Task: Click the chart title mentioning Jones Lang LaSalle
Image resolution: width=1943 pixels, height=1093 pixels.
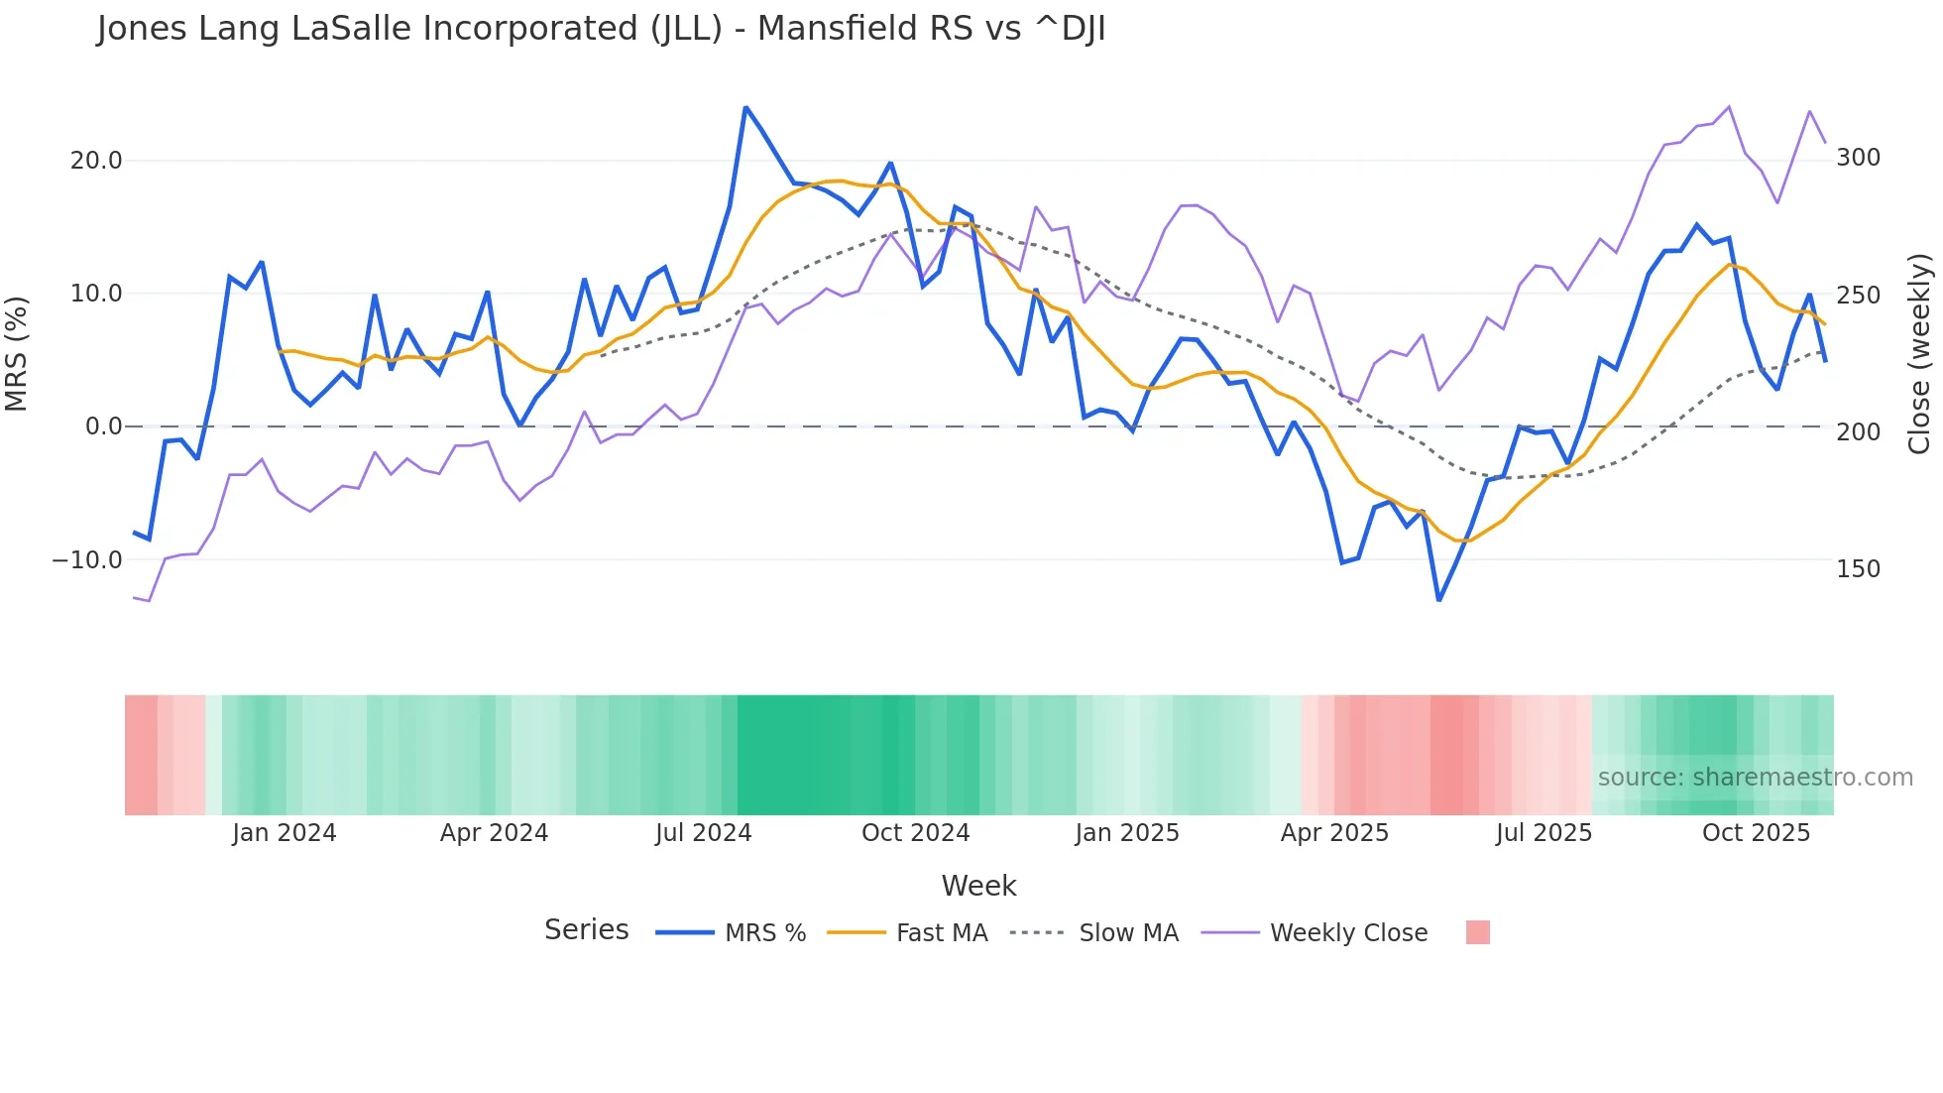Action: tap(601, 29)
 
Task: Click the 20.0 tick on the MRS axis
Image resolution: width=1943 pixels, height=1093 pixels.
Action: tap(96, 161)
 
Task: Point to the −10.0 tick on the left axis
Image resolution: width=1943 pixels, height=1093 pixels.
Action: tap(87, 560)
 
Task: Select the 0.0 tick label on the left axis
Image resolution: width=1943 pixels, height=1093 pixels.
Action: tap(103, 426)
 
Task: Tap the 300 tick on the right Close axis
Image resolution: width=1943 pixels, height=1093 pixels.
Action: tap(1858, 158)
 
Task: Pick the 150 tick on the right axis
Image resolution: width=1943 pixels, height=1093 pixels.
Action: tap(1858, 569)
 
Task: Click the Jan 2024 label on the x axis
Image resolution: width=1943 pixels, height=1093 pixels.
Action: tap(285, 833)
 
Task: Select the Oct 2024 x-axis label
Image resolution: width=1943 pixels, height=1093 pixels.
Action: tap(915, 833)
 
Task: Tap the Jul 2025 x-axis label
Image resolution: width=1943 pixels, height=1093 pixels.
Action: tap(1543, 833)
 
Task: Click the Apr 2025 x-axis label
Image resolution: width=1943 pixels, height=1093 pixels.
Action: tap(1334, 833)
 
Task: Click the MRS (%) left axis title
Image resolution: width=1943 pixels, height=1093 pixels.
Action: tap(17, 353)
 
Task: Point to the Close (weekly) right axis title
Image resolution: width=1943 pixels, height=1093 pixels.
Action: tap(1920, 353)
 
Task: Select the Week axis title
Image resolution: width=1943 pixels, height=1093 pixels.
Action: tap(978, 886)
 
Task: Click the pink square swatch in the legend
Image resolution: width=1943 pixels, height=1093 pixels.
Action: tap(1477, 933)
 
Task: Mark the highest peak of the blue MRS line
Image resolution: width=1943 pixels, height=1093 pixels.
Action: tap(745, 107)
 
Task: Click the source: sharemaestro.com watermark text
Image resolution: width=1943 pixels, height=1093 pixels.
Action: tap(1755, 778)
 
